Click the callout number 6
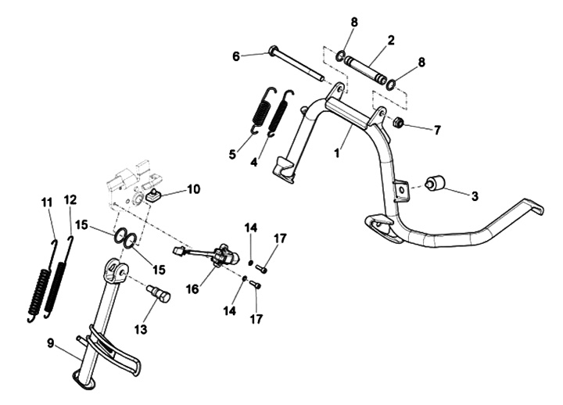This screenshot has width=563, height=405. click(235, 56)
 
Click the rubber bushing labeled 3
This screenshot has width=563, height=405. click(434, 184)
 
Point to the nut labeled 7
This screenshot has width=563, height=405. click(397, 122)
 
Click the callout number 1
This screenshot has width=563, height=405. click(337, 154)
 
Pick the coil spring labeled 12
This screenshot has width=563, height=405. click(58, 281)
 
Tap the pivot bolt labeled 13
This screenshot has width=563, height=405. click(159, 296)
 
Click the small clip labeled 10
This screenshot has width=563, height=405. click(154, 195)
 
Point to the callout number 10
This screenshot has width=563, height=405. click(193, 188)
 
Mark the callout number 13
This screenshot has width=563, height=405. click(141, 329)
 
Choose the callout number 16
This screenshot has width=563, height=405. click(192, 290)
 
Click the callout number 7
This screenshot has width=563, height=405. click(437, 130)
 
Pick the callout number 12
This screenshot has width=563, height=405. click(70, 200)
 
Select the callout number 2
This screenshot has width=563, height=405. click(390, 38)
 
